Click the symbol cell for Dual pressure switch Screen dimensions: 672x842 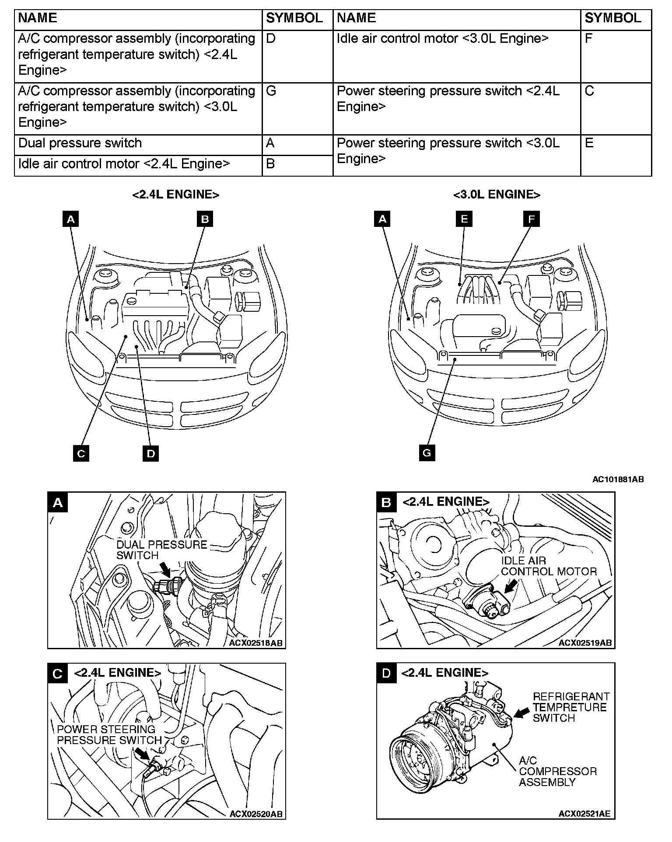point(297,145)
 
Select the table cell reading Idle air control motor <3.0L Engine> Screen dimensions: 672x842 point(457,56)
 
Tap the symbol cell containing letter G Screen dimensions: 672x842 point(297,108)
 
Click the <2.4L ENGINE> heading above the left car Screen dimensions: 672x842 point(175,195)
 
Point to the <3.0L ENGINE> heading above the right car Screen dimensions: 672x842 point(497,195)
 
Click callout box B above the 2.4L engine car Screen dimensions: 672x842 point(205,219)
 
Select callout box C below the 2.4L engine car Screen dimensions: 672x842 point(81,453)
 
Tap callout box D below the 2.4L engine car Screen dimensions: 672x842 point(151,453)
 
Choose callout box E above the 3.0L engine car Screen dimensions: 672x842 point(464,219)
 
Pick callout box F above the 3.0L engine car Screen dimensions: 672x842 point(531,219)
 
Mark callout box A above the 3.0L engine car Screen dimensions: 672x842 point(382,219)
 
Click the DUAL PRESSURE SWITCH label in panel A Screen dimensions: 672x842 point(162,550)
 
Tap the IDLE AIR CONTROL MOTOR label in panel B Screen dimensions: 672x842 point(549,566)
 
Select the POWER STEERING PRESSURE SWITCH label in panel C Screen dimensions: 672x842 point(109,734)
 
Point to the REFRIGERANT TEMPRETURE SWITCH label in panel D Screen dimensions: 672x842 point(571,707)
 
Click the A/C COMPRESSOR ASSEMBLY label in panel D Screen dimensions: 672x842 point(558,771)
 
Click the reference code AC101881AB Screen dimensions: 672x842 point(618,480)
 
